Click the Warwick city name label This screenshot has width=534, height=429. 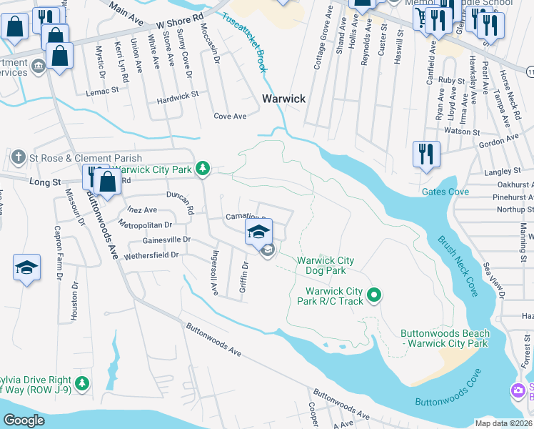tap(283, 99)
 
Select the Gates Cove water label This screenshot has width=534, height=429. tap(445, 192)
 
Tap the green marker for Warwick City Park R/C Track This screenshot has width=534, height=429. tap(373, 295)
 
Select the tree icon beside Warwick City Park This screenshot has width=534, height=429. tap(203, 168)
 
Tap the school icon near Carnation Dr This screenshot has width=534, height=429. tap(258, 232)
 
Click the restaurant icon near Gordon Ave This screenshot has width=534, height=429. tap(425, 153)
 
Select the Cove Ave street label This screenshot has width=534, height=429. tap(230, 116)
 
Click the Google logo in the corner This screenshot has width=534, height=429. tap(24, 420)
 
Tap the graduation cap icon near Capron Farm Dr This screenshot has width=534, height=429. tap(26, 268)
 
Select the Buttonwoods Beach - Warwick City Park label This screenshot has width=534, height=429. tap(445, 338)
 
